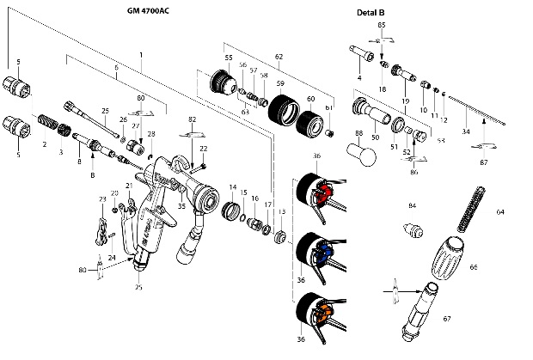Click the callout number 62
pos(279,56)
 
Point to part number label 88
pos(358,135)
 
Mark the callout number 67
pos(447,319)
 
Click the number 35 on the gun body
pos(181,206)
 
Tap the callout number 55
pos(228,58)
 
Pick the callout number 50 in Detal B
pos(375,137)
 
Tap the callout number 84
pos(412,206)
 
